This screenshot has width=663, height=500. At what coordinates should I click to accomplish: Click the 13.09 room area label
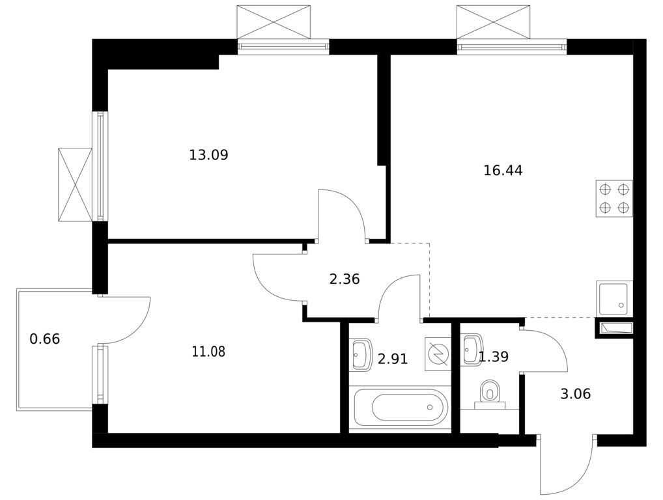click(x=208, y=155)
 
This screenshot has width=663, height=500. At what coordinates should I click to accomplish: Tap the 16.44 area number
click(x=503, y=171)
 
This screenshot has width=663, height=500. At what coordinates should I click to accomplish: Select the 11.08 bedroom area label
click(x=208, y=351)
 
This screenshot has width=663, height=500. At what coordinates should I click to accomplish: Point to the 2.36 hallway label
click(x=344, y=279)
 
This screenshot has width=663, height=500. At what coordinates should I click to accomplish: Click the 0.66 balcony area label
click(x=45, y=339)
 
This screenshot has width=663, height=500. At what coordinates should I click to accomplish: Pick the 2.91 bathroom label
click(x=392, y=359)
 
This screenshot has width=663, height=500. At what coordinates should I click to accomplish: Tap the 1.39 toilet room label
click(x=493, y=357)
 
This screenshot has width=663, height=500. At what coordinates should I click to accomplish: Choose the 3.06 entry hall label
click(x=575, y=394)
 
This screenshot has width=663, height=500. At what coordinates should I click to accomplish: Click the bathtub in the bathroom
click(x=401, y=408)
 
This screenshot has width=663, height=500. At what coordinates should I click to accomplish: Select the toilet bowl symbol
click(x=490, y=393)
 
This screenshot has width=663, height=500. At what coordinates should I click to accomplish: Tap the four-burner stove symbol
click(x=614, y=198)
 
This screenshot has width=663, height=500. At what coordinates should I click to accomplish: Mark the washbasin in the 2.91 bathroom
click(x=360, y=354)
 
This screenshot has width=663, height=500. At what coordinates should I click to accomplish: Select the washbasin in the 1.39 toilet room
click(x=471, y=350)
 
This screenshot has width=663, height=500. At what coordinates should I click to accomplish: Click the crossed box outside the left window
click(x=76, y=184)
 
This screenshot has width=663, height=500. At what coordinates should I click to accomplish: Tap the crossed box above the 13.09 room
click(x=274, y=22)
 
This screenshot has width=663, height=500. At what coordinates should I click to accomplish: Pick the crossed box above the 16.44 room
click(x=494, y=22)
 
